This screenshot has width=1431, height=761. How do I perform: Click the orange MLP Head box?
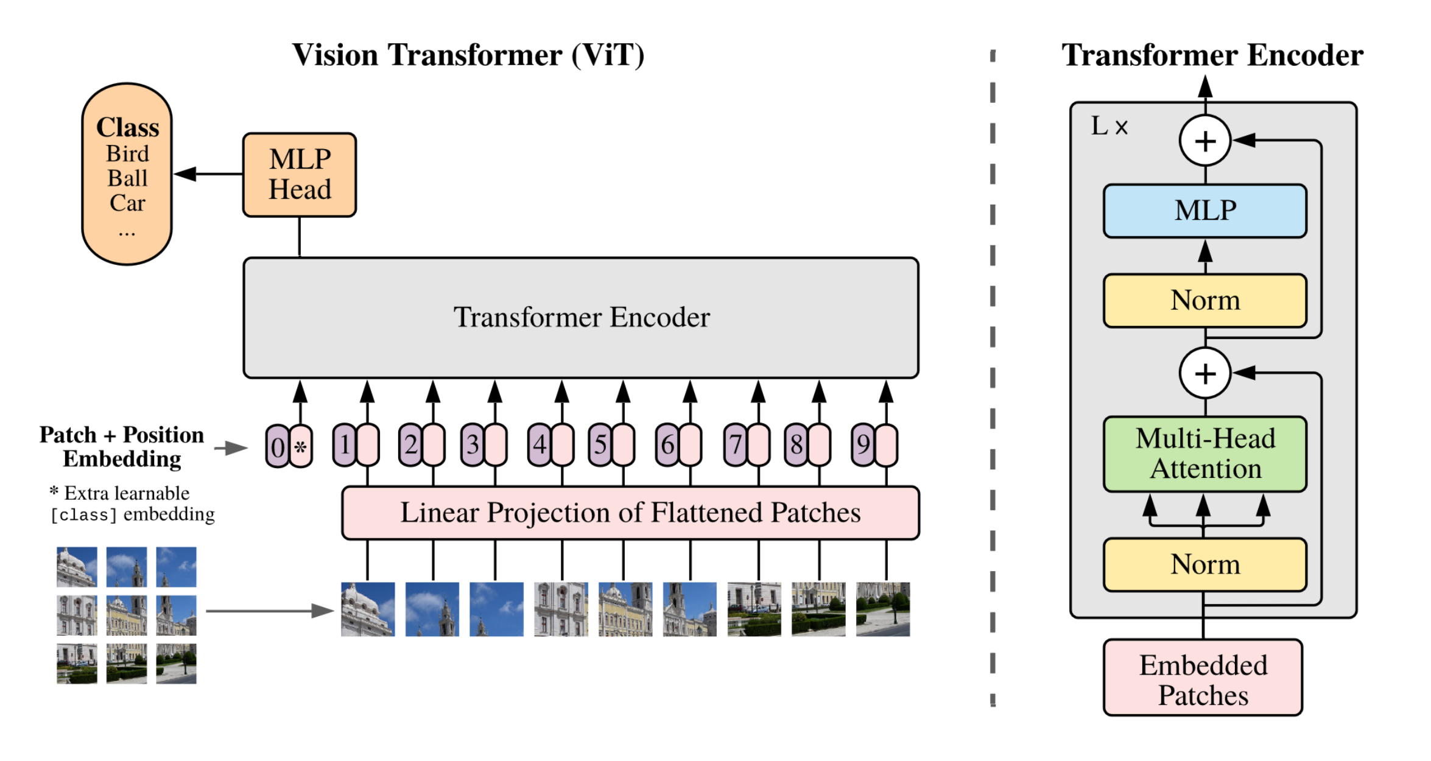pyautogui.click(x=300, y=175)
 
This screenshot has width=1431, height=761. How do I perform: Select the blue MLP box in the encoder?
pyautogui.click(x=1204, y=211)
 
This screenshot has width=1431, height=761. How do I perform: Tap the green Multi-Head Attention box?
pyautogui.click(x=1204, y=454)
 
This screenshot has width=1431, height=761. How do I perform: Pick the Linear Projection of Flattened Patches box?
pyautogui.click(x=630, y=513)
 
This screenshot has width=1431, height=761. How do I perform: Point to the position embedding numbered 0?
pyautogui.click(x=278, y=447)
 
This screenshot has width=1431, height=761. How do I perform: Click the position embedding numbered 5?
pyautogui.click(x=600, y=445)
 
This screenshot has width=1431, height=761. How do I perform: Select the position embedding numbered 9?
pyautogui.click(x=863, y=445)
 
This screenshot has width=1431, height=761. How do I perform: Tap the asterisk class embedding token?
pyautogui.click(x=301, y=447)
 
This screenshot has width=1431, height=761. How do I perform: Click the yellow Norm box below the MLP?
pyautogui.click(x=1204, y=301)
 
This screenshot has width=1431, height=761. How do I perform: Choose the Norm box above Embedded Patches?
pyautogui.click(x=1204, y=564)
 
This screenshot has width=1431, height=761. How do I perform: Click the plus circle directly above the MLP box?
pyautogui.click(x=1205, y=141)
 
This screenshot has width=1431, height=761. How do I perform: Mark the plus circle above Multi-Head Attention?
pyautogui.click(x=1205, y=373)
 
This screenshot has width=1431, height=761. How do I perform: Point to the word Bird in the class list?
pyautogui.click(x=127, y=154)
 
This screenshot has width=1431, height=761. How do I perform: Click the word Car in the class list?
pyautogui.click(x=127, y=203)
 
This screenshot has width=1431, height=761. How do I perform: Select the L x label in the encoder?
pyautogui.click(x=1109, y=127)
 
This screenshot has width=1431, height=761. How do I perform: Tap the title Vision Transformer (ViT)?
pyautogui.click(x=468, y=55)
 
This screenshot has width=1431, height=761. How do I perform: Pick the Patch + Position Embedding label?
pyautogui.click(x=122, y=447)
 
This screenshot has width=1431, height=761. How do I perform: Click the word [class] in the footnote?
pyautogui.click(x=83, y=516)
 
